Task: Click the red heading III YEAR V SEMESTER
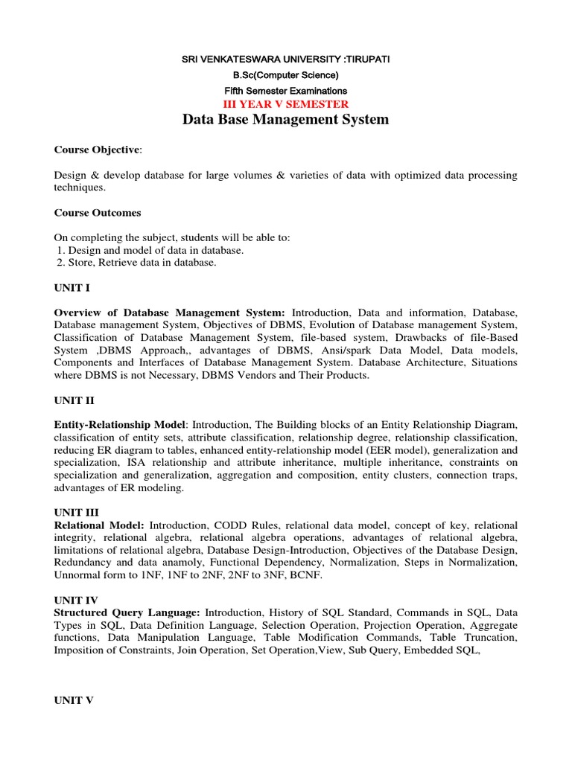tap(286, 103)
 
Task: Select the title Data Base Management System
tap(286, 120)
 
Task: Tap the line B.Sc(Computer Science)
tap(286, 75)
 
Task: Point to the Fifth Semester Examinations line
tap(286, 89)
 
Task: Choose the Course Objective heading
tap(97, 150)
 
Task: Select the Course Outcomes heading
tap(98, 213)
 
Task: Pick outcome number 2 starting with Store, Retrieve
tap(137, 263)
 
